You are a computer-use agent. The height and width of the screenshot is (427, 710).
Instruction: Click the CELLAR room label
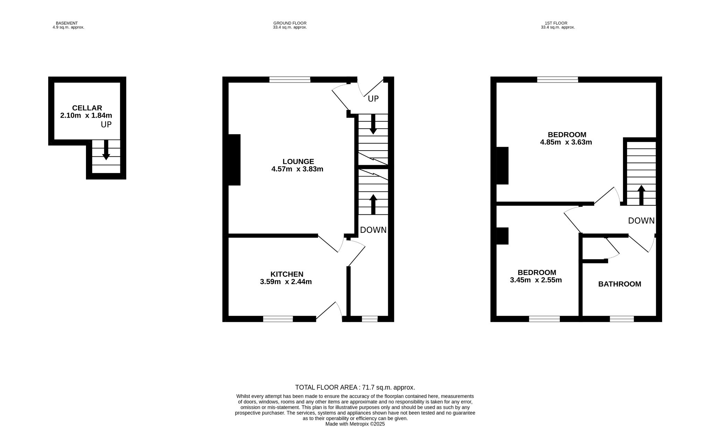pos(87,108)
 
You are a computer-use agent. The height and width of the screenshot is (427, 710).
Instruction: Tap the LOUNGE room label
pos(298,161)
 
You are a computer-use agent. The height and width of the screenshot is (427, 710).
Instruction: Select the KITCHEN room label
pos(287,274)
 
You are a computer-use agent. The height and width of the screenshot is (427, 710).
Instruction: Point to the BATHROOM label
pos(619,284)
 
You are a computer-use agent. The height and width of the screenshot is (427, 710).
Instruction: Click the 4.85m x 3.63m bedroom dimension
pos(566,142)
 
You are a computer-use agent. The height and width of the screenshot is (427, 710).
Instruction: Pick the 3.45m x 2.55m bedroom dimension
pos(536,280)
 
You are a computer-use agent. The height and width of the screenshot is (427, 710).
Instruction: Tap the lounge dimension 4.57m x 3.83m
pos(297,169)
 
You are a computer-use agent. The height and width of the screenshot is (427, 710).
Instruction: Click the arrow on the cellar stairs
pos(106,150)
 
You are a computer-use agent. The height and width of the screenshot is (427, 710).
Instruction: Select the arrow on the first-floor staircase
pos(641,195)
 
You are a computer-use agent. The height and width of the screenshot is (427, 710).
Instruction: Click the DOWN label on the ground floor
pos(373,230)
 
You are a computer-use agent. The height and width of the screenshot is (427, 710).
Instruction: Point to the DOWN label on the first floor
pos(641,221)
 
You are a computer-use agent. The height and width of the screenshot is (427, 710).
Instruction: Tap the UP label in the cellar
pos(106,124)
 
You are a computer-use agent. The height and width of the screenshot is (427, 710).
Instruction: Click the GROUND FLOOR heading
pos(290,23)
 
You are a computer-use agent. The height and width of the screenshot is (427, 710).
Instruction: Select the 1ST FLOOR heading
pos(558,23)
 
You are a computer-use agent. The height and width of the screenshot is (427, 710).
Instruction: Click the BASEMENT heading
pos(67,23)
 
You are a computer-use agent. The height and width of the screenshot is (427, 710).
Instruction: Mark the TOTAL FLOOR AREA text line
pos(355,387)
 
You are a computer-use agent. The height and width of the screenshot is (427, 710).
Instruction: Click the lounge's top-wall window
pos(290,79)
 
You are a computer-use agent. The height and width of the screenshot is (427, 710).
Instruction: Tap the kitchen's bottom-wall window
pos(278,319)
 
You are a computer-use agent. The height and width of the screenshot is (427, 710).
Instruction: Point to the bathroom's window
pos(622,319)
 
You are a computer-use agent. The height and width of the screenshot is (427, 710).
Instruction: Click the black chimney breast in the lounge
pos(234,160)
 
